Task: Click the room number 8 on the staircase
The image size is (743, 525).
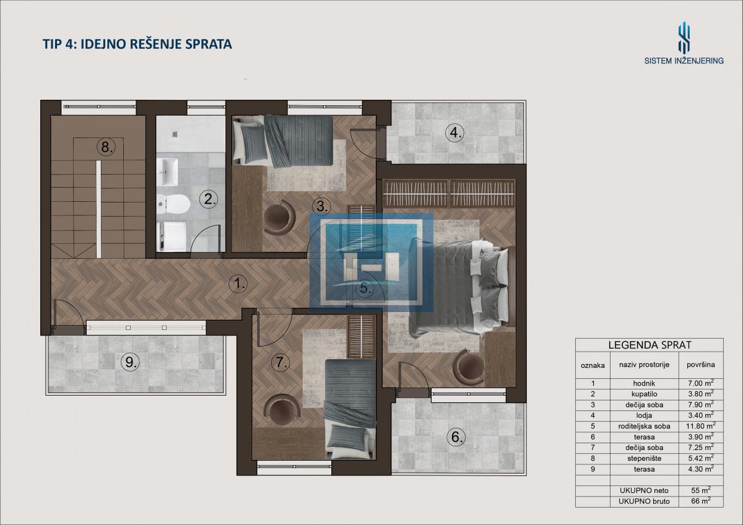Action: pos(106,147)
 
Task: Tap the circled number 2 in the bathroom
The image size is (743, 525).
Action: pos(208,199)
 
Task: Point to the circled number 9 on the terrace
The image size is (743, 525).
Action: pos(131,362)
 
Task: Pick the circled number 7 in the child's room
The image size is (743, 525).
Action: pos(280,362)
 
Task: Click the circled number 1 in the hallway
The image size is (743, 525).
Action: pos(238,284)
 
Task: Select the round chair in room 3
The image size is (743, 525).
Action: pos(280,217)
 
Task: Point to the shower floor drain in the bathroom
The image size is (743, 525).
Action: pos(175,134)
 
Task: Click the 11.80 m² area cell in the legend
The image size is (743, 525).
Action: pos(700,426)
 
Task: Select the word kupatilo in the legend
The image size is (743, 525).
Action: pos(644,394)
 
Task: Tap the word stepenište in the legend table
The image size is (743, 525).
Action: pos(644,459)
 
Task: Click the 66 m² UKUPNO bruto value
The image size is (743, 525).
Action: pos(700,501)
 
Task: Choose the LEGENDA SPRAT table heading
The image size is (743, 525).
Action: pos(650,345)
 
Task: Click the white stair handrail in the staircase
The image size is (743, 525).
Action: pos(99,209)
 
